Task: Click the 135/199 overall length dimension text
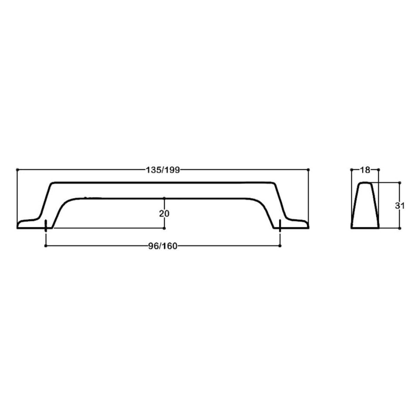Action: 162,170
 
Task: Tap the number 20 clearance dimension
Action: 164,213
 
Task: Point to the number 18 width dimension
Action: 365,170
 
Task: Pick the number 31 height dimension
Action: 400,206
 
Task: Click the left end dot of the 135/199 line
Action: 17,169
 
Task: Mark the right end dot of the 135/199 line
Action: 308,169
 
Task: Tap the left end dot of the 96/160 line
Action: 46,246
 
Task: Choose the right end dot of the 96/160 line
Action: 280,246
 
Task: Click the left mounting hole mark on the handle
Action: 46,225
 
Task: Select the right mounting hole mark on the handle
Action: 280,225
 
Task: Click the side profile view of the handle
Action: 365,206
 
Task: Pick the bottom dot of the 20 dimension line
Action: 164,228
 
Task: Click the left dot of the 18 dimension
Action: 351,169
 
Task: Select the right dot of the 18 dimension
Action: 378,169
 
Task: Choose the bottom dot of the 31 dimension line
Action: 399,228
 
